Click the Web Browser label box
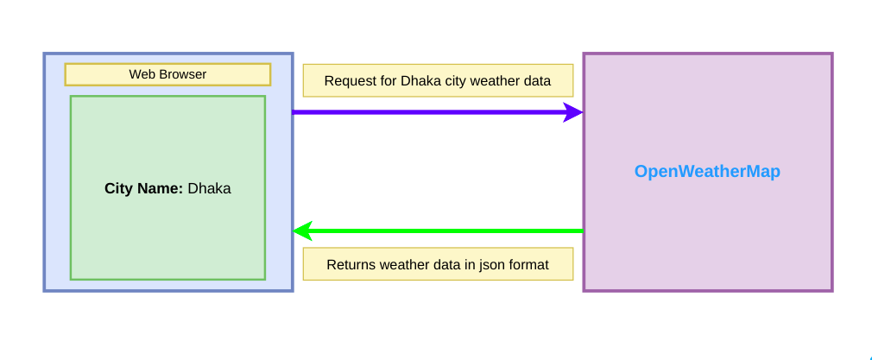[x=167, y=74]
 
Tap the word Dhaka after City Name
[x=209, y=188]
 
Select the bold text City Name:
[x=143, y=188]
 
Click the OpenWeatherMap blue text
[x=707, y=171]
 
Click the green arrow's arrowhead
[x=303, y=231]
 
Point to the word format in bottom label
[x=528, y=264]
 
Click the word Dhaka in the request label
[x=420, y=81]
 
